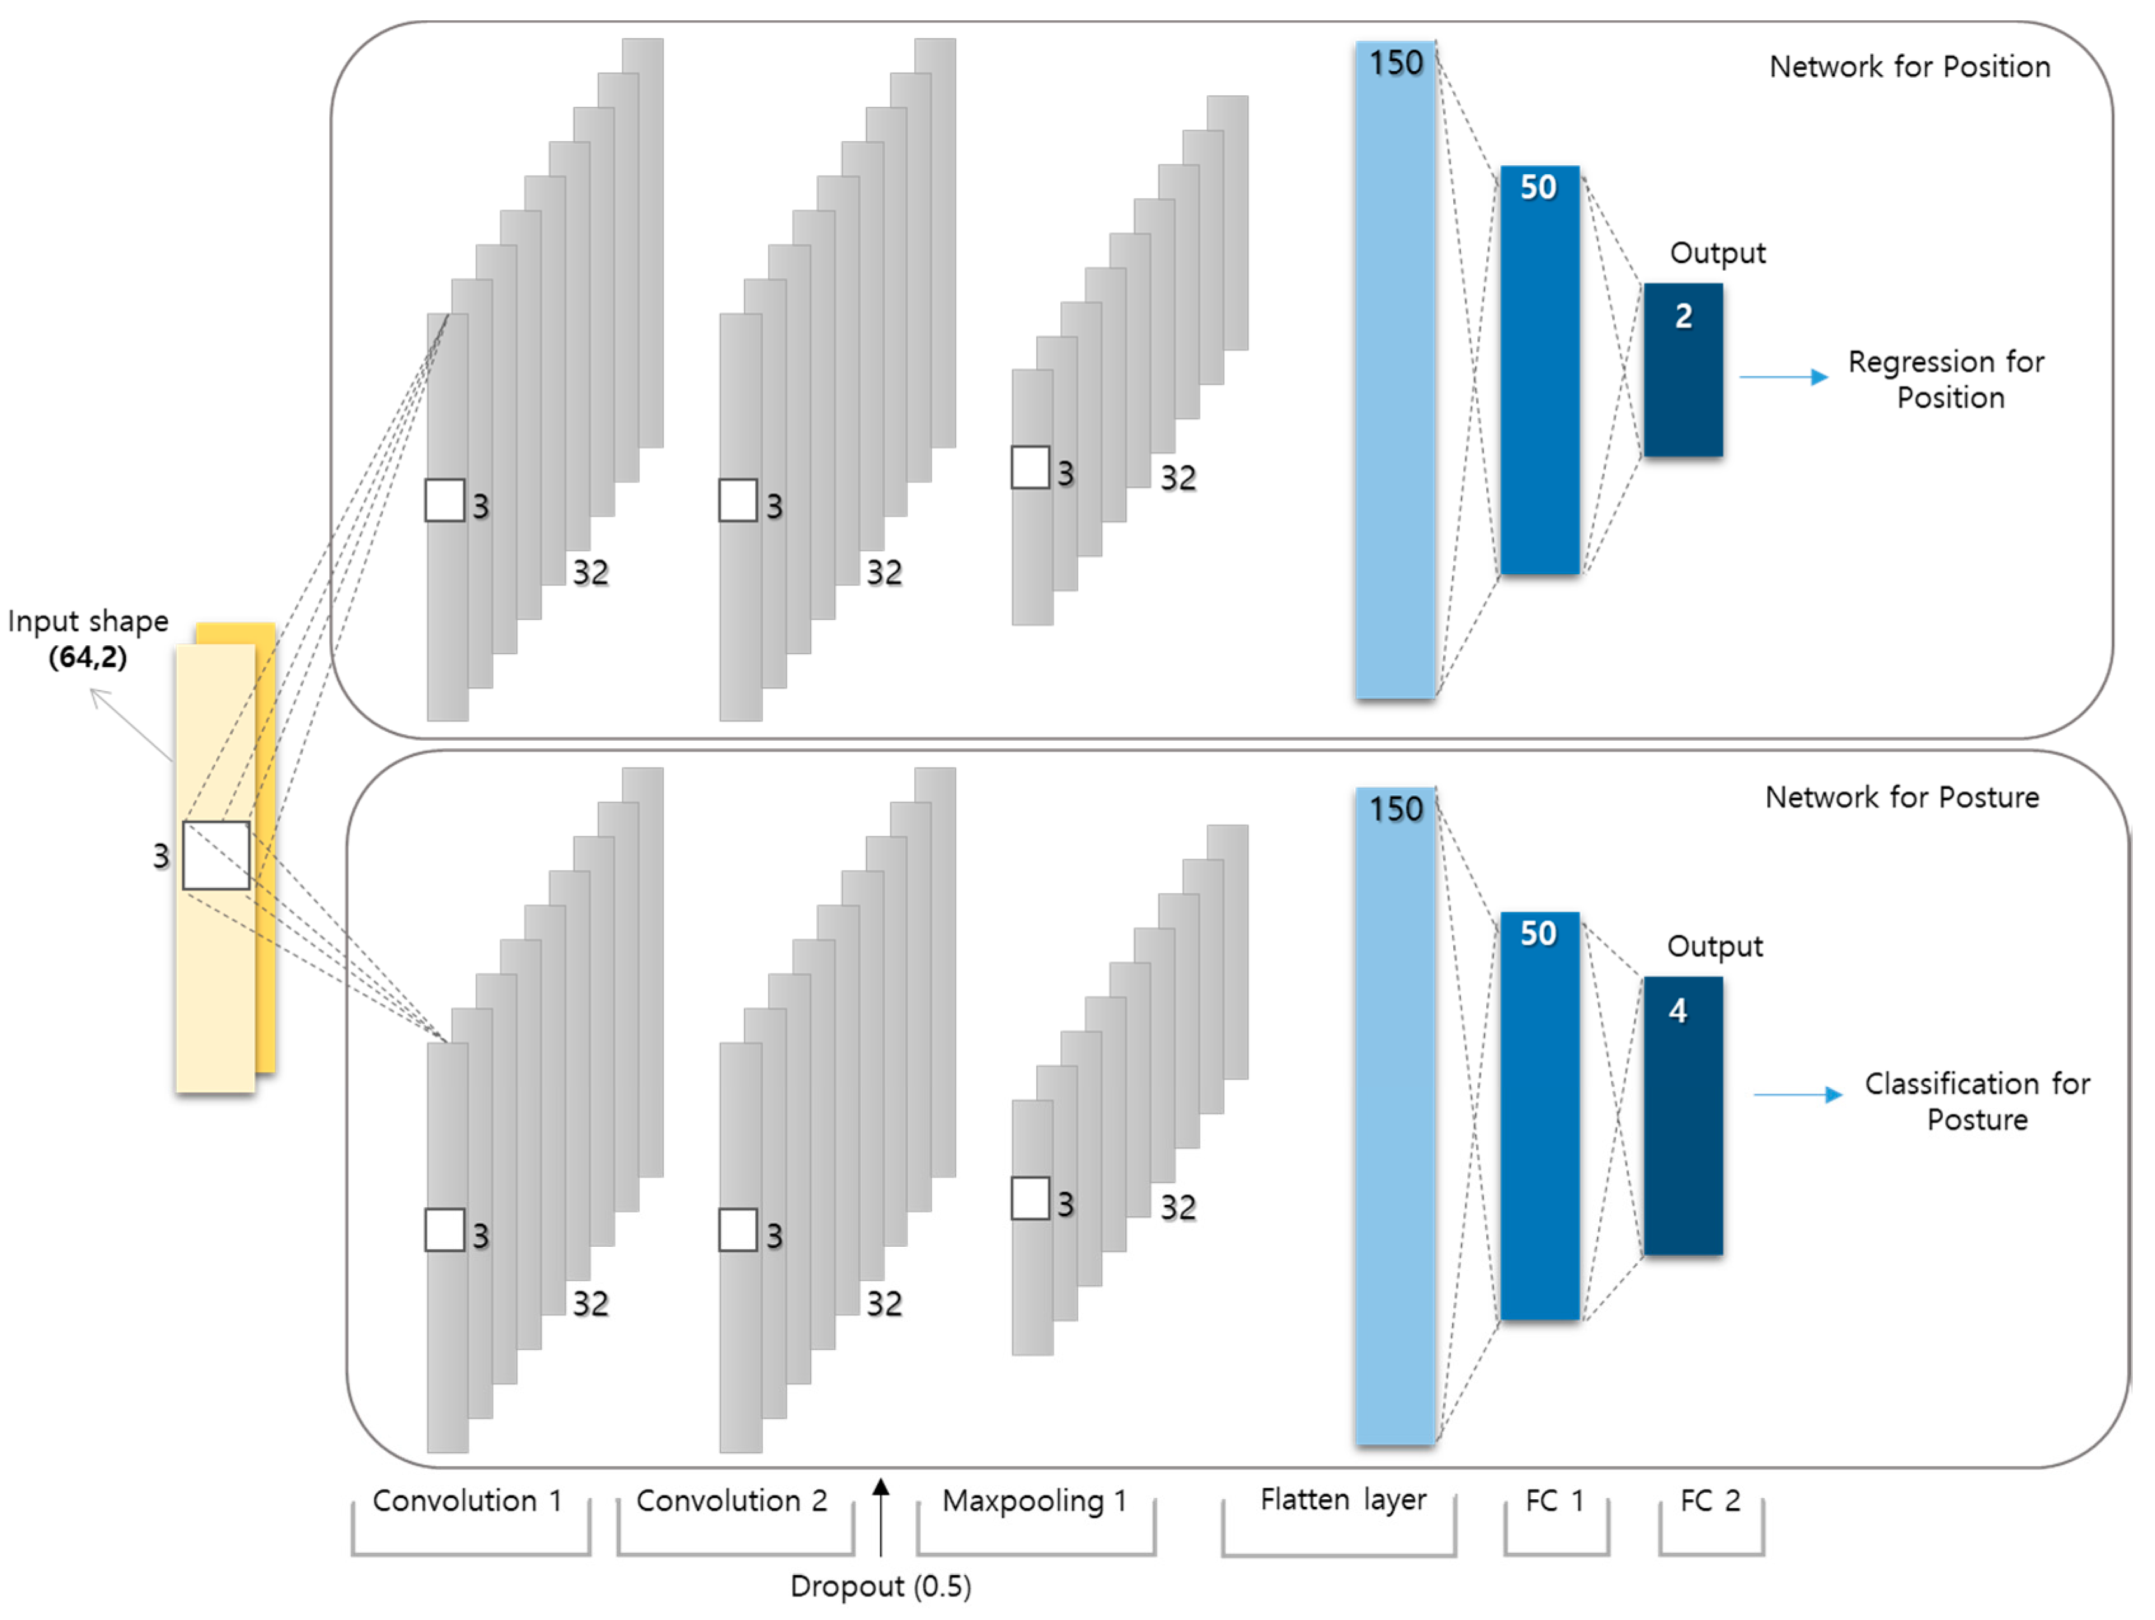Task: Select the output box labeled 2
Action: (x=1683, y=370)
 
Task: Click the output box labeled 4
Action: (x=1683, y=1115)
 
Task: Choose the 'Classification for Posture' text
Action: (x=1977, y=1101)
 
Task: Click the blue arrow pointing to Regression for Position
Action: (x=1783, y=377)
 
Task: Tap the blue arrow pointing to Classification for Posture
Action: (x=1798, y=1095)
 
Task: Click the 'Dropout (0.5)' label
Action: (x=880, y=1586)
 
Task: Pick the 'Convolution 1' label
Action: (x=468, y=1500)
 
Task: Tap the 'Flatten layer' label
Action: (x=1343, y=1499)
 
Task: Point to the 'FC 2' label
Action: (x=1710, y=1500)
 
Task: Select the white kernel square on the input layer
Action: (x=216, y=855)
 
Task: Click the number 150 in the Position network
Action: (x=1396, y=64)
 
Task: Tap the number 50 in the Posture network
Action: (x=1538, y=933)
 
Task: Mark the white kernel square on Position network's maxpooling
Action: (x=1030, y=467)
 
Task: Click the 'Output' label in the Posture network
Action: (x=1714, y=946)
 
